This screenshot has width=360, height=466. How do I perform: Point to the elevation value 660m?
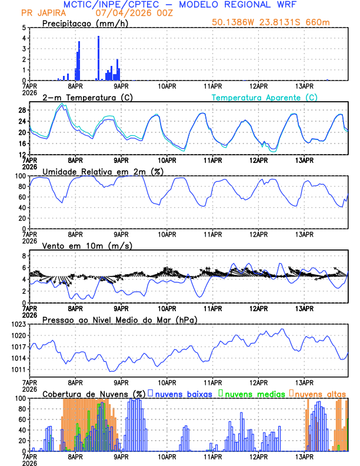[330, 22]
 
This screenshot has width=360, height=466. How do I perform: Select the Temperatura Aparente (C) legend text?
[264, 97]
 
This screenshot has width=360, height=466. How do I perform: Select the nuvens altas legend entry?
[321, 394]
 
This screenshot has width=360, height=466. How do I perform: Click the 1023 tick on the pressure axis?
[18, 324]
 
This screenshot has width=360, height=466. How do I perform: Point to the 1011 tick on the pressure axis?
[18, 370]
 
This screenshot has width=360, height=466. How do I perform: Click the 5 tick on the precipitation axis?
[23, 28]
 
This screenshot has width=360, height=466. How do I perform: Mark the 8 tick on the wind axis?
[23, 256]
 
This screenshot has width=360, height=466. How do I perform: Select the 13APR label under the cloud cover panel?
[304, 457]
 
